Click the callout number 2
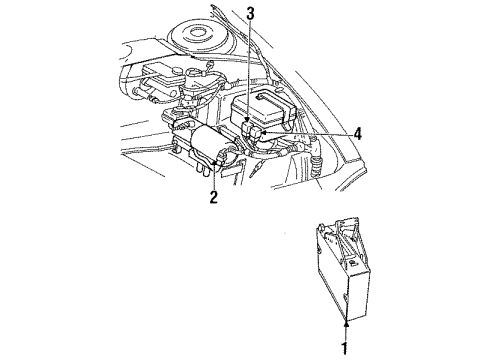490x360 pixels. click(x=212, y=198)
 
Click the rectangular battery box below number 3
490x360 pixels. click(x=262, y=111)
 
